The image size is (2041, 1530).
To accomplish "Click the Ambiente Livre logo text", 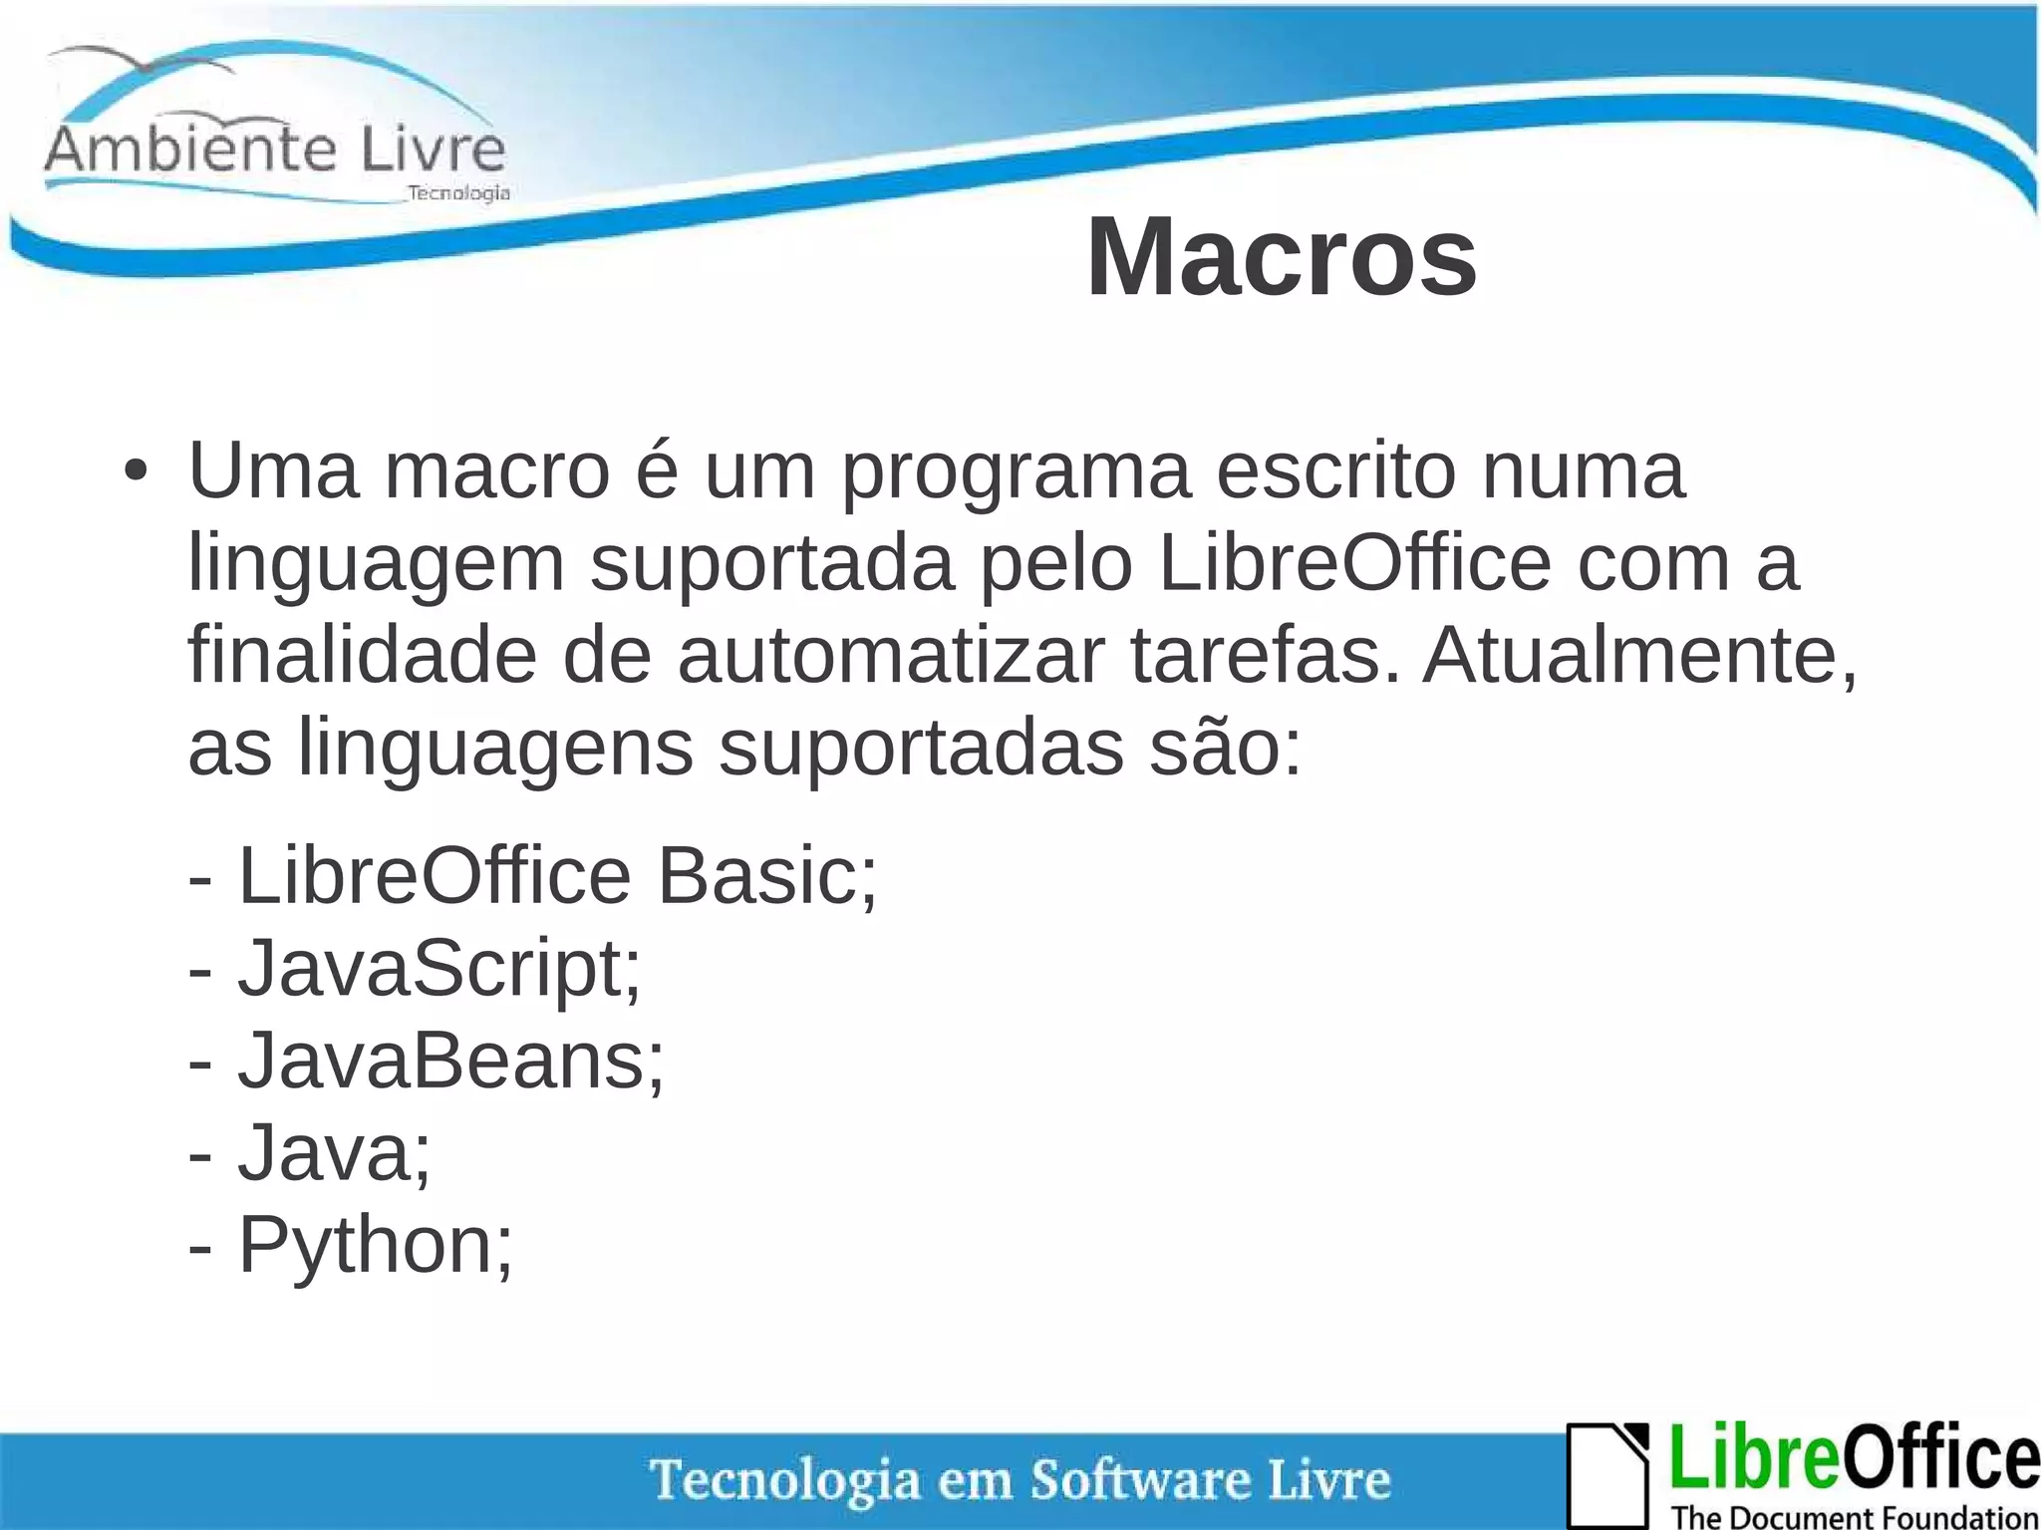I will tap(275, 150).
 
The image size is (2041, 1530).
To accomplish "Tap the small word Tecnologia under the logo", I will tap(459, 193).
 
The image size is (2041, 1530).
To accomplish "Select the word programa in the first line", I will tap(1017, 472).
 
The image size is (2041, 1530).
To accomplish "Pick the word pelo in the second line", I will tap(1056, 564).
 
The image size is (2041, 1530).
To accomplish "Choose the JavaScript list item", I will tap(438, 969).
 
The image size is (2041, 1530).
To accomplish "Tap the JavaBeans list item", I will tap(448, 1061).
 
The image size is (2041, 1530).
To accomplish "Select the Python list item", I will tap(374, 1246).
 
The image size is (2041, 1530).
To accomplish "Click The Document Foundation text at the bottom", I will tap(1855, 1517).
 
